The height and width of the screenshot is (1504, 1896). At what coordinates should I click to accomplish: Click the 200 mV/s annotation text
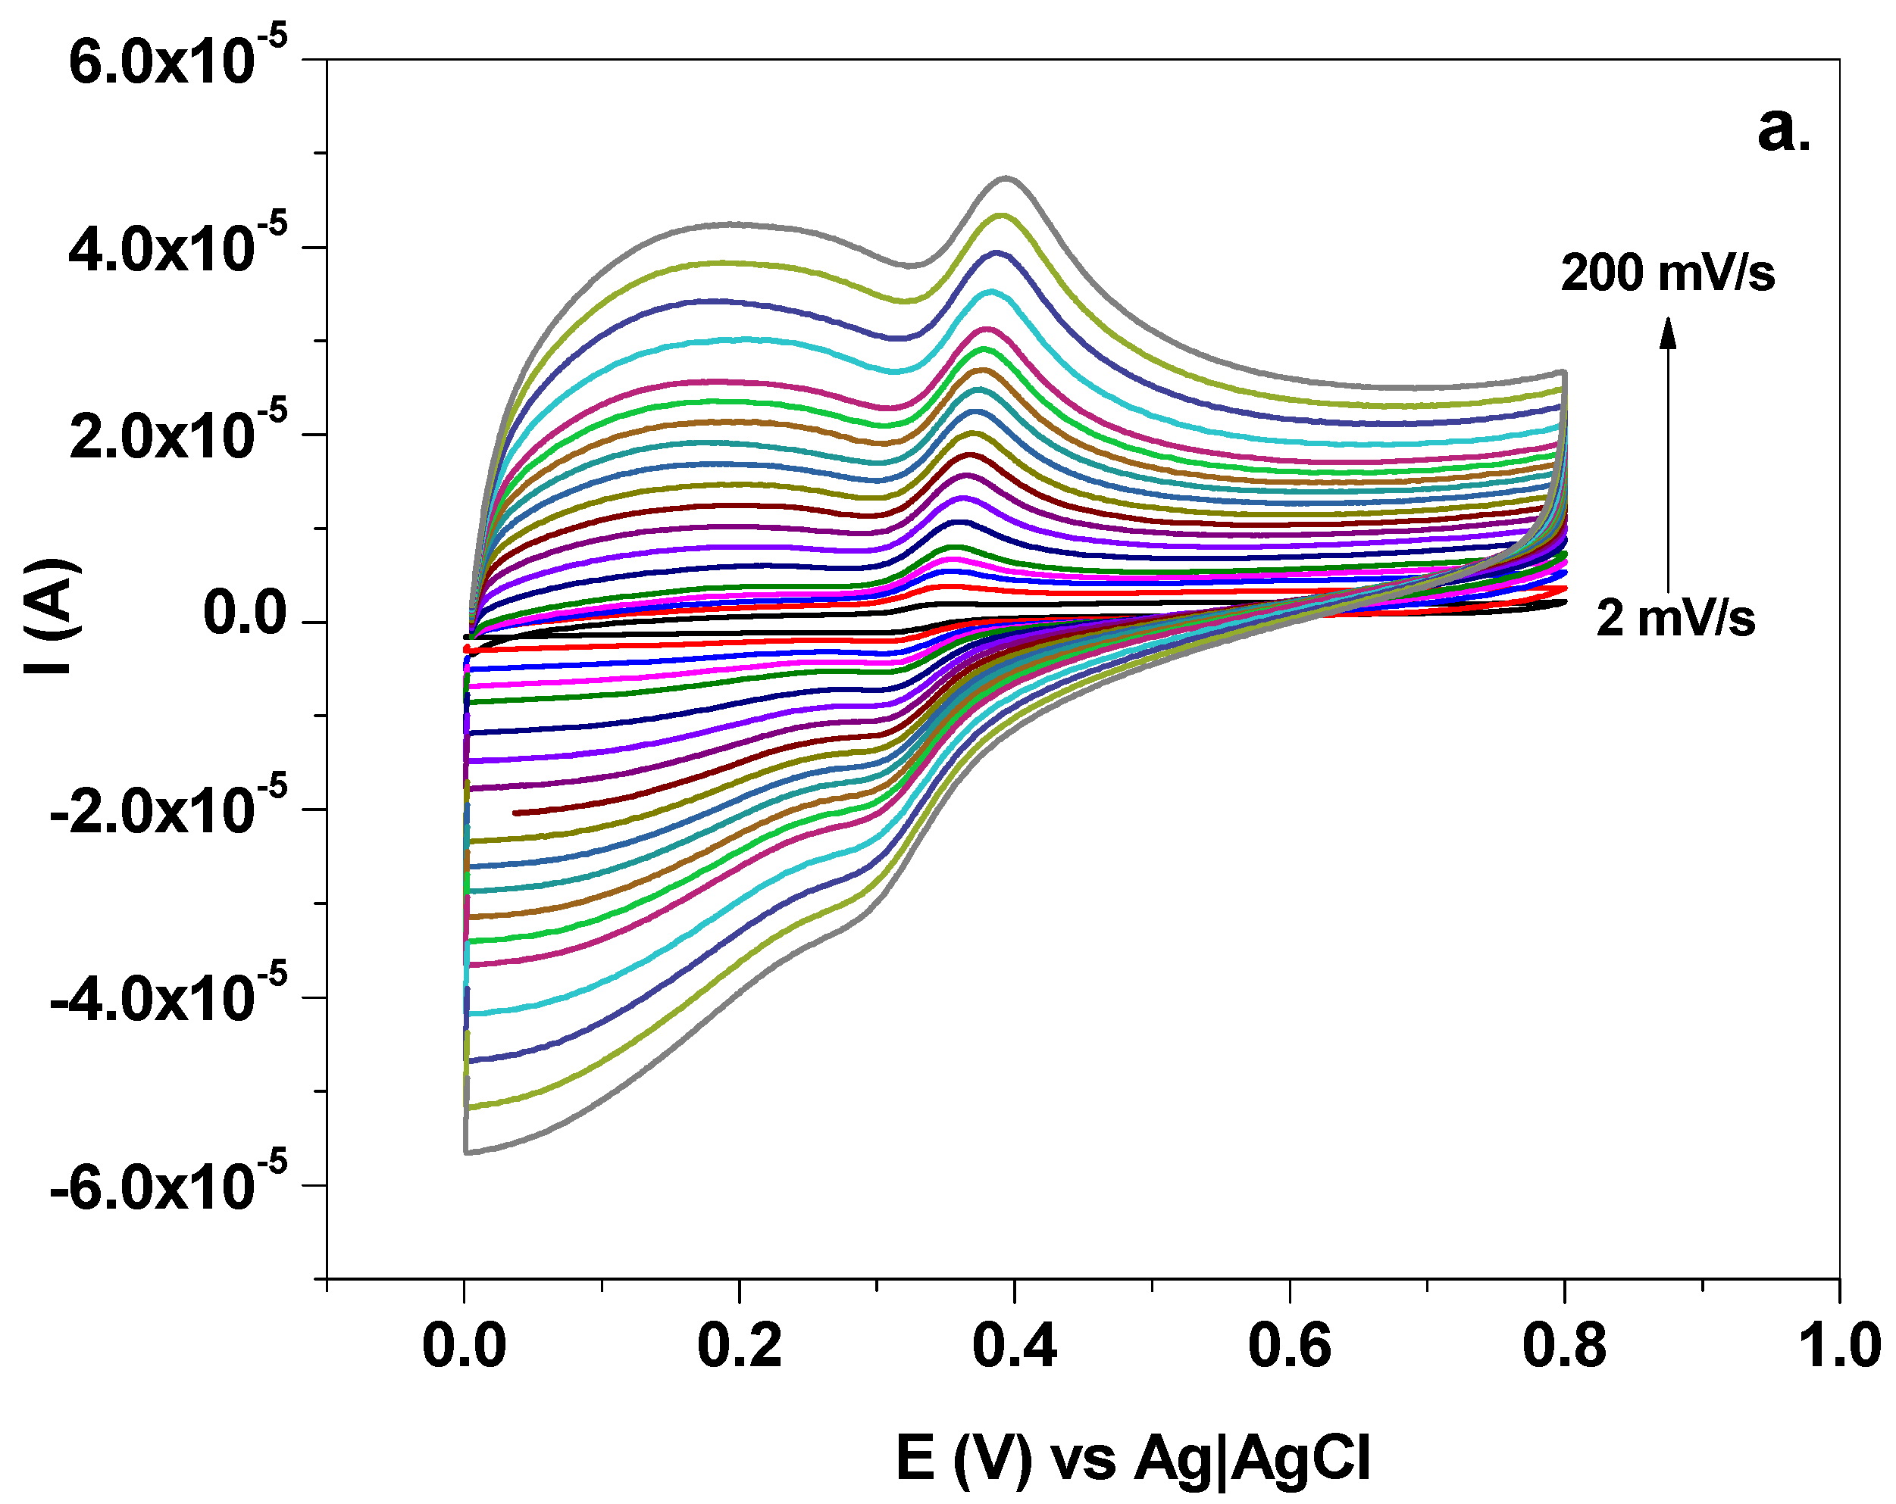point(1667,273)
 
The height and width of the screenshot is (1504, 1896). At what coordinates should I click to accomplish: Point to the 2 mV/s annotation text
point(1675,618)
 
